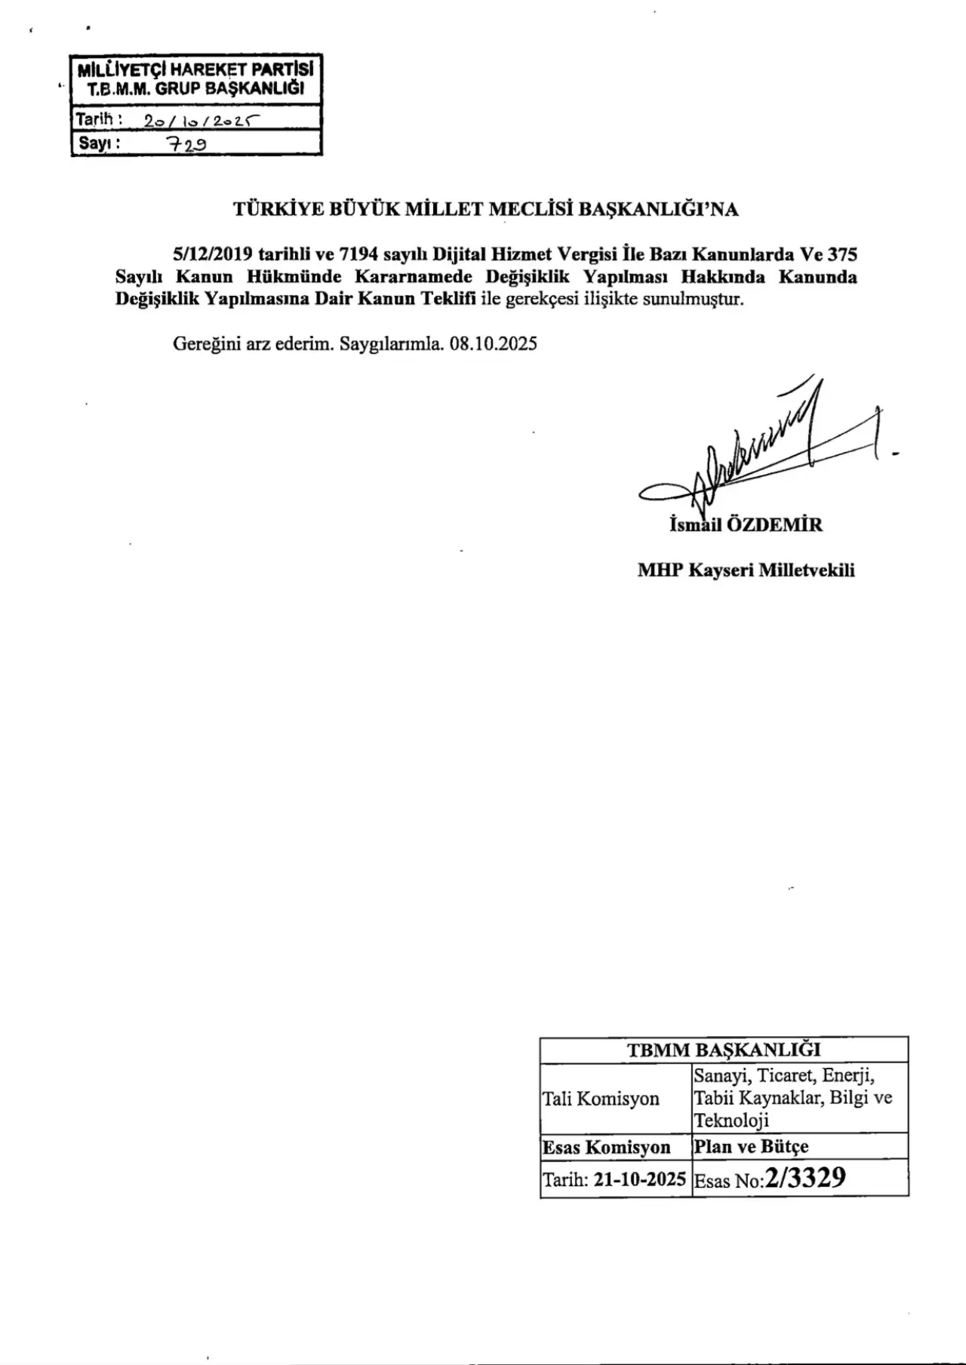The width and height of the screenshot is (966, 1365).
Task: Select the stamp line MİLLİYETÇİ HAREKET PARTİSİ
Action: [x=195, y=70]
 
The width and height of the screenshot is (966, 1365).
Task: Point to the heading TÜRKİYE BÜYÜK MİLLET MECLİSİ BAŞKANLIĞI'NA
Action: [x=486, y=210]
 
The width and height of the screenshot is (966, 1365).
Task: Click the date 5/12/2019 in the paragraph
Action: [x=212, y=254]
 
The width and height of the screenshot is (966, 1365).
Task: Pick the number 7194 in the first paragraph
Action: [x=359, y=254]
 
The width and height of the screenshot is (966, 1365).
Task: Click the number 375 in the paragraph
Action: [x=841, y=254]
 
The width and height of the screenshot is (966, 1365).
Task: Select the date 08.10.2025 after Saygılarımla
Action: [x=493, y=344]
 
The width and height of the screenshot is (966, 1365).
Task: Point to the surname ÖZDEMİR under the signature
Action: [x=774, y=524]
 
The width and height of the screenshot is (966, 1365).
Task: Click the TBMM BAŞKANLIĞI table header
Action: [x=724, y=1050]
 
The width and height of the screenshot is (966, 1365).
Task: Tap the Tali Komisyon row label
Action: [x=601, y=1099]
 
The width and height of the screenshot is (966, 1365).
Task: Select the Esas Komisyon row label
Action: [x=607, y=1148]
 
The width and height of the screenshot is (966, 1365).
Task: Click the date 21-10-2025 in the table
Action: [x=639, y=1180]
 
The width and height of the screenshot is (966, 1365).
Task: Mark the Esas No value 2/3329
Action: [x=804, y=1179]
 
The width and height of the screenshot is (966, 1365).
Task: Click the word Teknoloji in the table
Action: [x=731, y=1121]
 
